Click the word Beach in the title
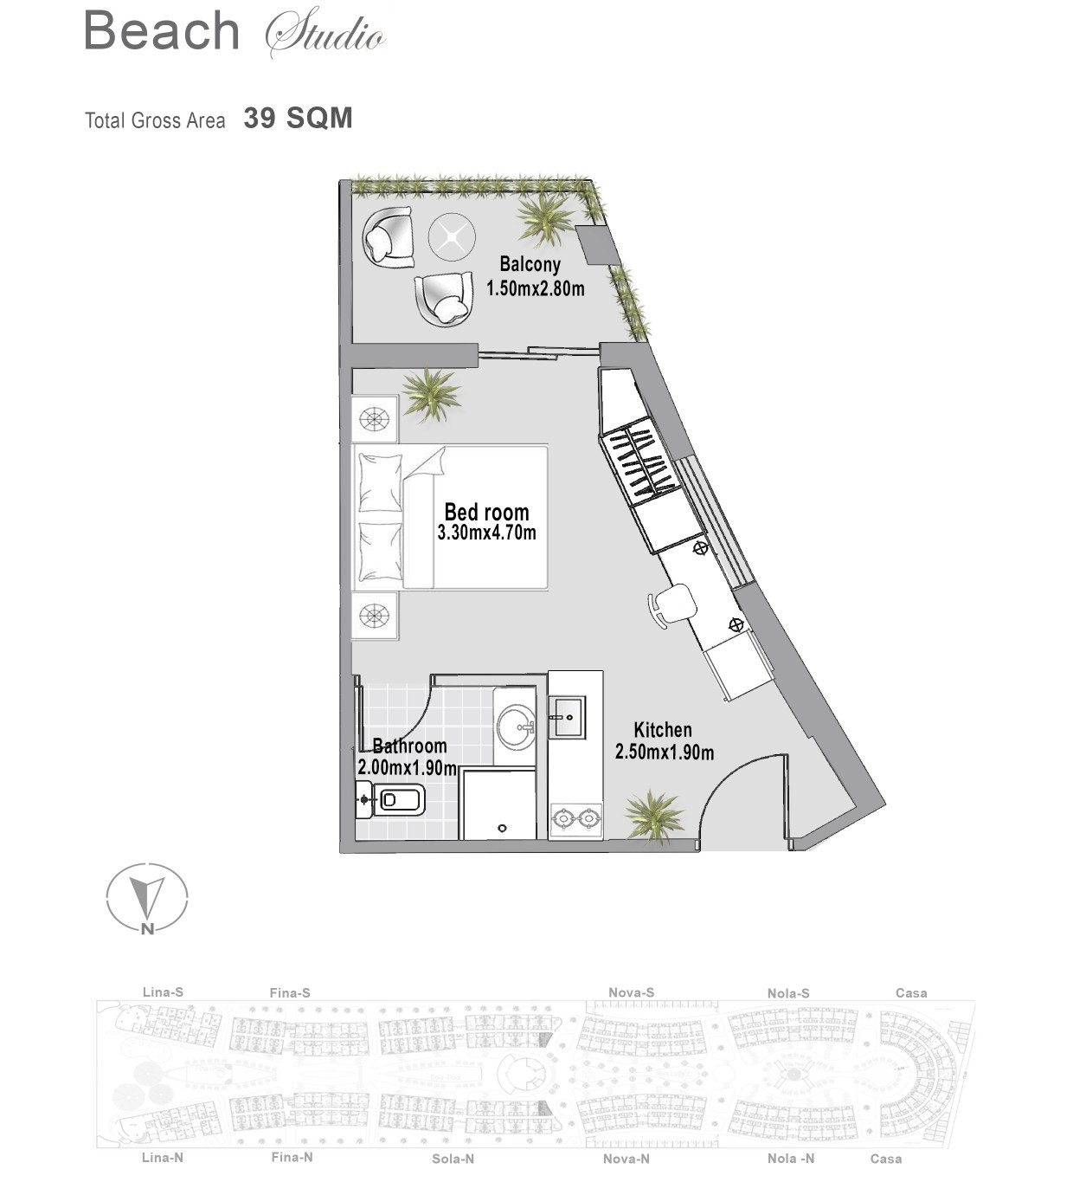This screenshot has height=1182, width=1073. click(162, 30)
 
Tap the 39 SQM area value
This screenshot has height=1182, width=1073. click(298, 119)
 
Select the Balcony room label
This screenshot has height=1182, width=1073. click(530, 264)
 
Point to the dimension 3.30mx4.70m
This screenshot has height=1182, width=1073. click(486, 533)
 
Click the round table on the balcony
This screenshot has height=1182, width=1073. click(451, 236)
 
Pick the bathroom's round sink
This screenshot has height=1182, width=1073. click(516, 727)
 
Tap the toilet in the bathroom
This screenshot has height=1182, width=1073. click(388, 799)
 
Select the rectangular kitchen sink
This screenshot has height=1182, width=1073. click(567, 717)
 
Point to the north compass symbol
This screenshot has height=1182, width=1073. click(147, 899)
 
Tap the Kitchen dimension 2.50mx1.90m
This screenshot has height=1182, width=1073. click(665, 752)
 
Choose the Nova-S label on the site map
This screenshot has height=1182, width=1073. click(632, 992)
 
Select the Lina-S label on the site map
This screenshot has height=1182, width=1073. click(164, 991)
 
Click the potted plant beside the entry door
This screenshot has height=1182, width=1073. click(653, 816)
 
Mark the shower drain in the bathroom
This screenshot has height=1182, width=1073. click(502, 828)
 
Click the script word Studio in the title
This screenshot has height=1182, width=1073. click(325, 32)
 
